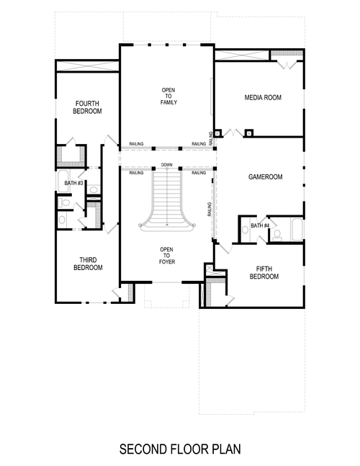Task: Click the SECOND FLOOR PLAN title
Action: [179, 449]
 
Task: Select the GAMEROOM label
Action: [264, 176]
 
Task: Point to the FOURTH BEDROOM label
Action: [88, 107]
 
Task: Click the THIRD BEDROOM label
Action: [88, 263]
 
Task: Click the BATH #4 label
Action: [260, 227]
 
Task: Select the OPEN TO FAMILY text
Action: [168, 96]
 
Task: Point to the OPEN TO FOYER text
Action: [166, 256]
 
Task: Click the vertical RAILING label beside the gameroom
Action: [210, 210]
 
